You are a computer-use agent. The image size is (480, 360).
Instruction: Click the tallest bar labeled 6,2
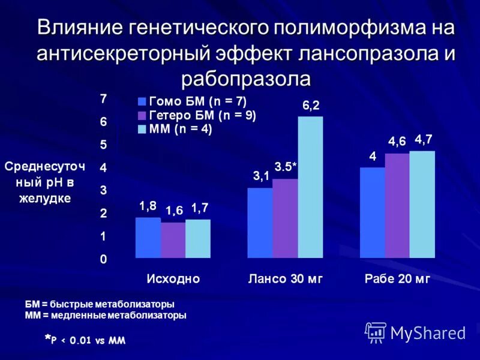tap(310, 187)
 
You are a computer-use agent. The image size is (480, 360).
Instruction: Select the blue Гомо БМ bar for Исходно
tap(148, 238)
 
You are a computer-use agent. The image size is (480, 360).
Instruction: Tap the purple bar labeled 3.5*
tap(285, 218)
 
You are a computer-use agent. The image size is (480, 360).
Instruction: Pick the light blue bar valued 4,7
tap(422, 205)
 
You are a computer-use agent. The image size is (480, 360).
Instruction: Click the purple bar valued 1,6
tap(173, 240)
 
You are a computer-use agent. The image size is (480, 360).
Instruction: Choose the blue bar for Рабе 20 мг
tap(372, 212)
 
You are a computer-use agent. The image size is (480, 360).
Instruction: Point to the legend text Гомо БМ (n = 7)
tap(197, 102)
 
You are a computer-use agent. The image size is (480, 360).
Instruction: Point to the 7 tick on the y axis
tap(103, 98)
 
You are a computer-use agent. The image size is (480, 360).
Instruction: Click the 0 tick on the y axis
tap(103, 259)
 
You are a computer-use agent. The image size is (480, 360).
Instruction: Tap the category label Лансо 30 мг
tap(286, 279)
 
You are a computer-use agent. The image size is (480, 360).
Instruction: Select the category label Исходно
tap(173, 279)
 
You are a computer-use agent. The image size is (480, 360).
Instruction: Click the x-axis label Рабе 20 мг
tap(398, 279)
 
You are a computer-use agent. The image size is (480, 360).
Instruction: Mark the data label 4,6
tap(397, 142)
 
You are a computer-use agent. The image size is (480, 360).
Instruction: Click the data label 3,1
tap(260, 176)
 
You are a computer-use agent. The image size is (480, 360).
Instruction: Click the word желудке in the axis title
tap(44, 198)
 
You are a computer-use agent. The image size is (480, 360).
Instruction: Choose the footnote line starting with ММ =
tap(106, 314)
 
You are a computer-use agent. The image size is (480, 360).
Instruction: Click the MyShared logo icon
tap(376, 332)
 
